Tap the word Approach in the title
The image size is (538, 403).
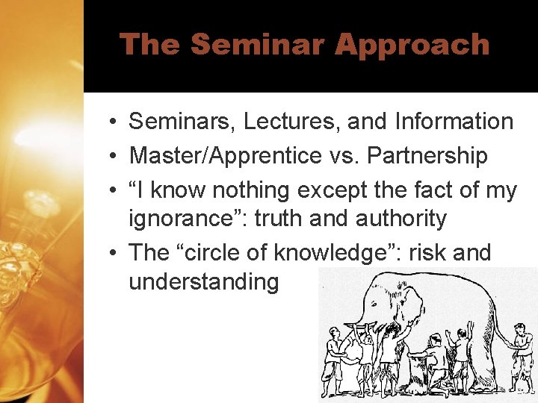click(x=412, y=45)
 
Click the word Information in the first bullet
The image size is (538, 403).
click(x=455, y=121)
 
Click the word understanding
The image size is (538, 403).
click(x=203, y=281)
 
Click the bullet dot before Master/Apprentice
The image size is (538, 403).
click(x=109, y=157)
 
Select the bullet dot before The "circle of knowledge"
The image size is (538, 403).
click(x=109, y=254)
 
